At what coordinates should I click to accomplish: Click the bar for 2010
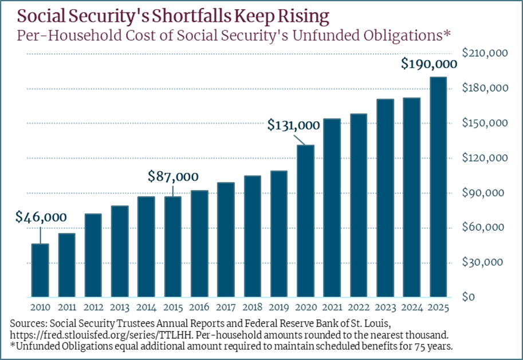point(40,270)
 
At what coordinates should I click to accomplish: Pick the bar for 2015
point(173,247)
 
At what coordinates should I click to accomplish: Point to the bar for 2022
point(359,205)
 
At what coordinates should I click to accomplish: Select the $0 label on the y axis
point(469,297)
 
